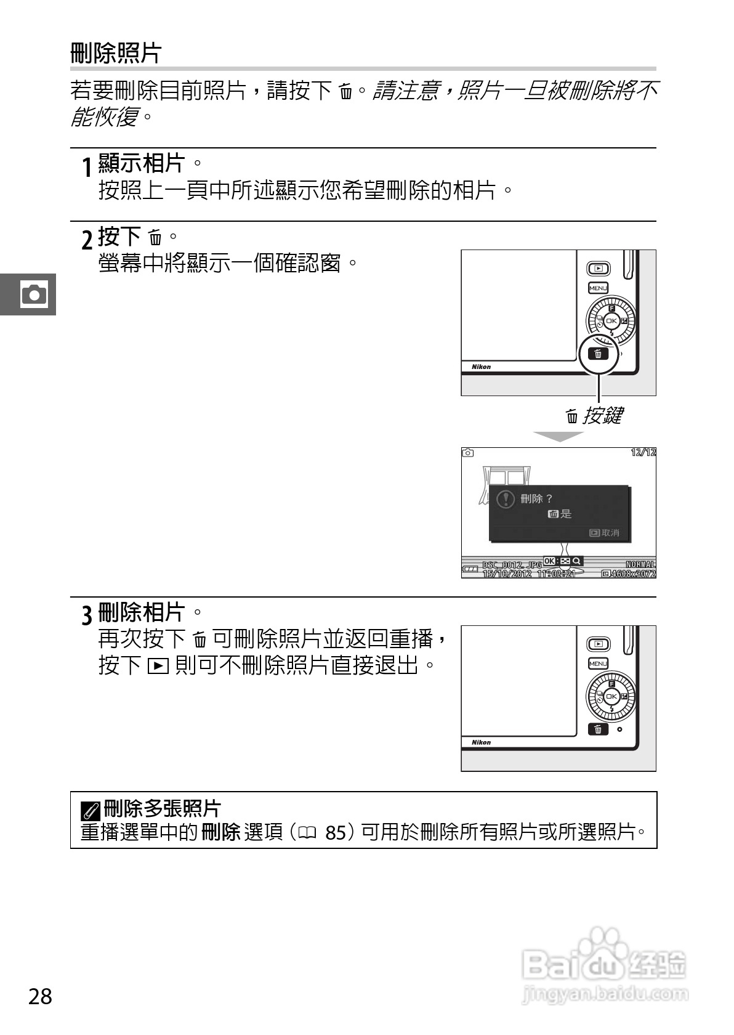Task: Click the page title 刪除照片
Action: tap(115, 53)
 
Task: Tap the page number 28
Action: tap(40, 996)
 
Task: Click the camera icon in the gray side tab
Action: tap(33, 294)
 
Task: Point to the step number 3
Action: tap(87, 614)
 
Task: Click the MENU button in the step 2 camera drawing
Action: tap(598, 288)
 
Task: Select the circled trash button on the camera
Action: tap(598, 354)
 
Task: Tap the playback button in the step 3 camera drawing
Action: tap(599, 644)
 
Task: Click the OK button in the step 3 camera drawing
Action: tap(611, 696)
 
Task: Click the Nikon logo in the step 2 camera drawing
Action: tap(481, 367)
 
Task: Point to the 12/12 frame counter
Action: tap(643, 452)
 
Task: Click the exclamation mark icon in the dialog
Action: tap(505, 499)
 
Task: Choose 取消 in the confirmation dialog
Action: tap(605, 533)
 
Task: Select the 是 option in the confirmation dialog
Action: tap(560, 514)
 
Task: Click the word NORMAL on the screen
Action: tap(640, 564)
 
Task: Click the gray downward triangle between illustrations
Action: tap(558, 436)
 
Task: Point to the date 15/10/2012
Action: tap(506, 574)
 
